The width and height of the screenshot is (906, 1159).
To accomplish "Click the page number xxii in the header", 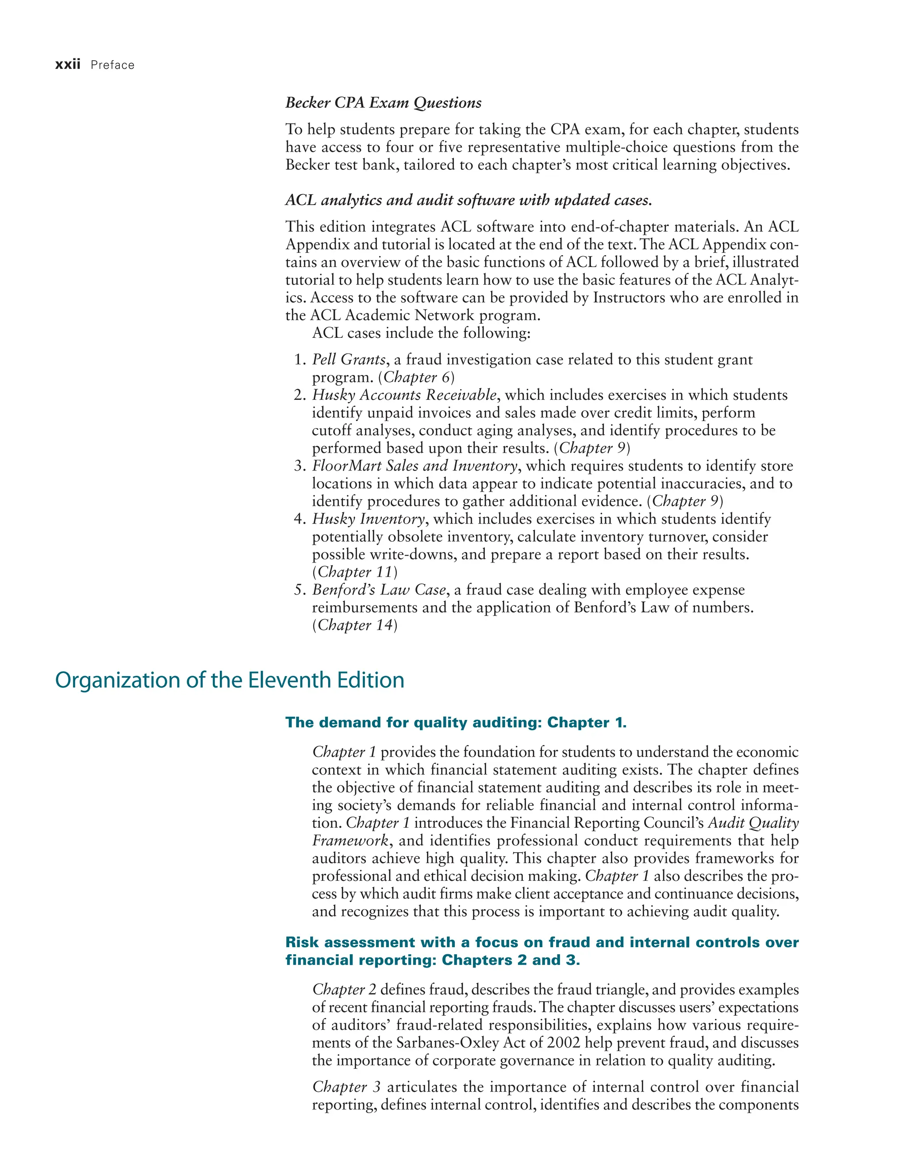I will (x=67, y=65).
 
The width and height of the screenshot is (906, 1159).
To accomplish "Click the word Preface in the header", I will (x=112, y=65).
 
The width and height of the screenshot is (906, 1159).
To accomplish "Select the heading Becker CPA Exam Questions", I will (x=383, y=103).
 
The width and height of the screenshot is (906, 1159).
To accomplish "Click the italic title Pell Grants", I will (x=349, y=360).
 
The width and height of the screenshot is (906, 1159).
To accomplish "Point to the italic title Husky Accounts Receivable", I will (x=404, y=395).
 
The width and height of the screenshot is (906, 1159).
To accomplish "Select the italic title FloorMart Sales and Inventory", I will (x=415, y=466).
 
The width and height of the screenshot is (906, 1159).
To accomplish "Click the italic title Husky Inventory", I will (x=369, y=519).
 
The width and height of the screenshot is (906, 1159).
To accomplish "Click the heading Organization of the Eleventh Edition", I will (x=229, y=681).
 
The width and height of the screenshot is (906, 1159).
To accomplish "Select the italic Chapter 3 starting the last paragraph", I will (x=346, y=1087).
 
